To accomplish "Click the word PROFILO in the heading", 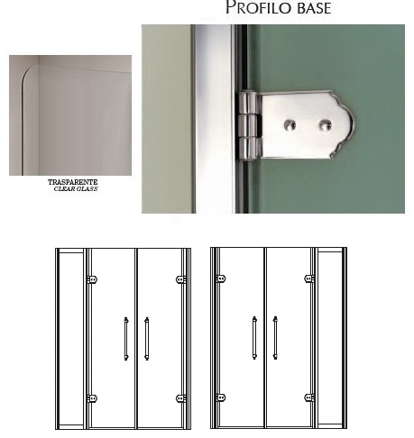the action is [258, 7].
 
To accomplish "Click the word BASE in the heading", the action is [314, 8].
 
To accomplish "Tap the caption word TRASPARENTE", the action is [73, 182].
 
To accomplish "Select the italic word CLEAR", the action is [64, 189].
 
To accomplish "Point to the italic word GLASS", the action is [87, 189].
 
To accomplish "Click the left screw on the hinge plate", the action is [290, 124].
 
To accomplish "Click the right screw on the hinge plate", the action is [326, 124].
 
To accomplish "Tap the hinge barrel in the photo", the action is [249, 125].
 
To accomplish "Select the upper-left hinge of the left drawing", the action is [92, 279].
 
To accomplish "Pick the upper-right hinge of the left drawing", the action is [180, 279].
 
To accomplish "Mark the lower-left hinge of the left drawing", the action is [92, 398].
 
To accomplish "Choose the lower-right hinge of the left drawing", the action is [180, 398].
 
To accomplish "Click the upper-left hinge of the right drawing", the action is [221, 278].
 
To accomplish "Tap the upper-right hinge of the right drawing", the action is [309, 278].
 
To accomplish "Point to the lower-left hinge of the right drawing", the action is [221, 397].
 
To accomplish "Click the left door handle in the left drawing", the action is [126, 339].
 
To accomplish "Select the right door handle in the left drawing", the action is [146, 339].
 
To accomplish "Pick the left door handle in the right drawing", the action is [254, 338].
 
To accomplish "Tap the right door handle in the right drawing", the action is [275, 338].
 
